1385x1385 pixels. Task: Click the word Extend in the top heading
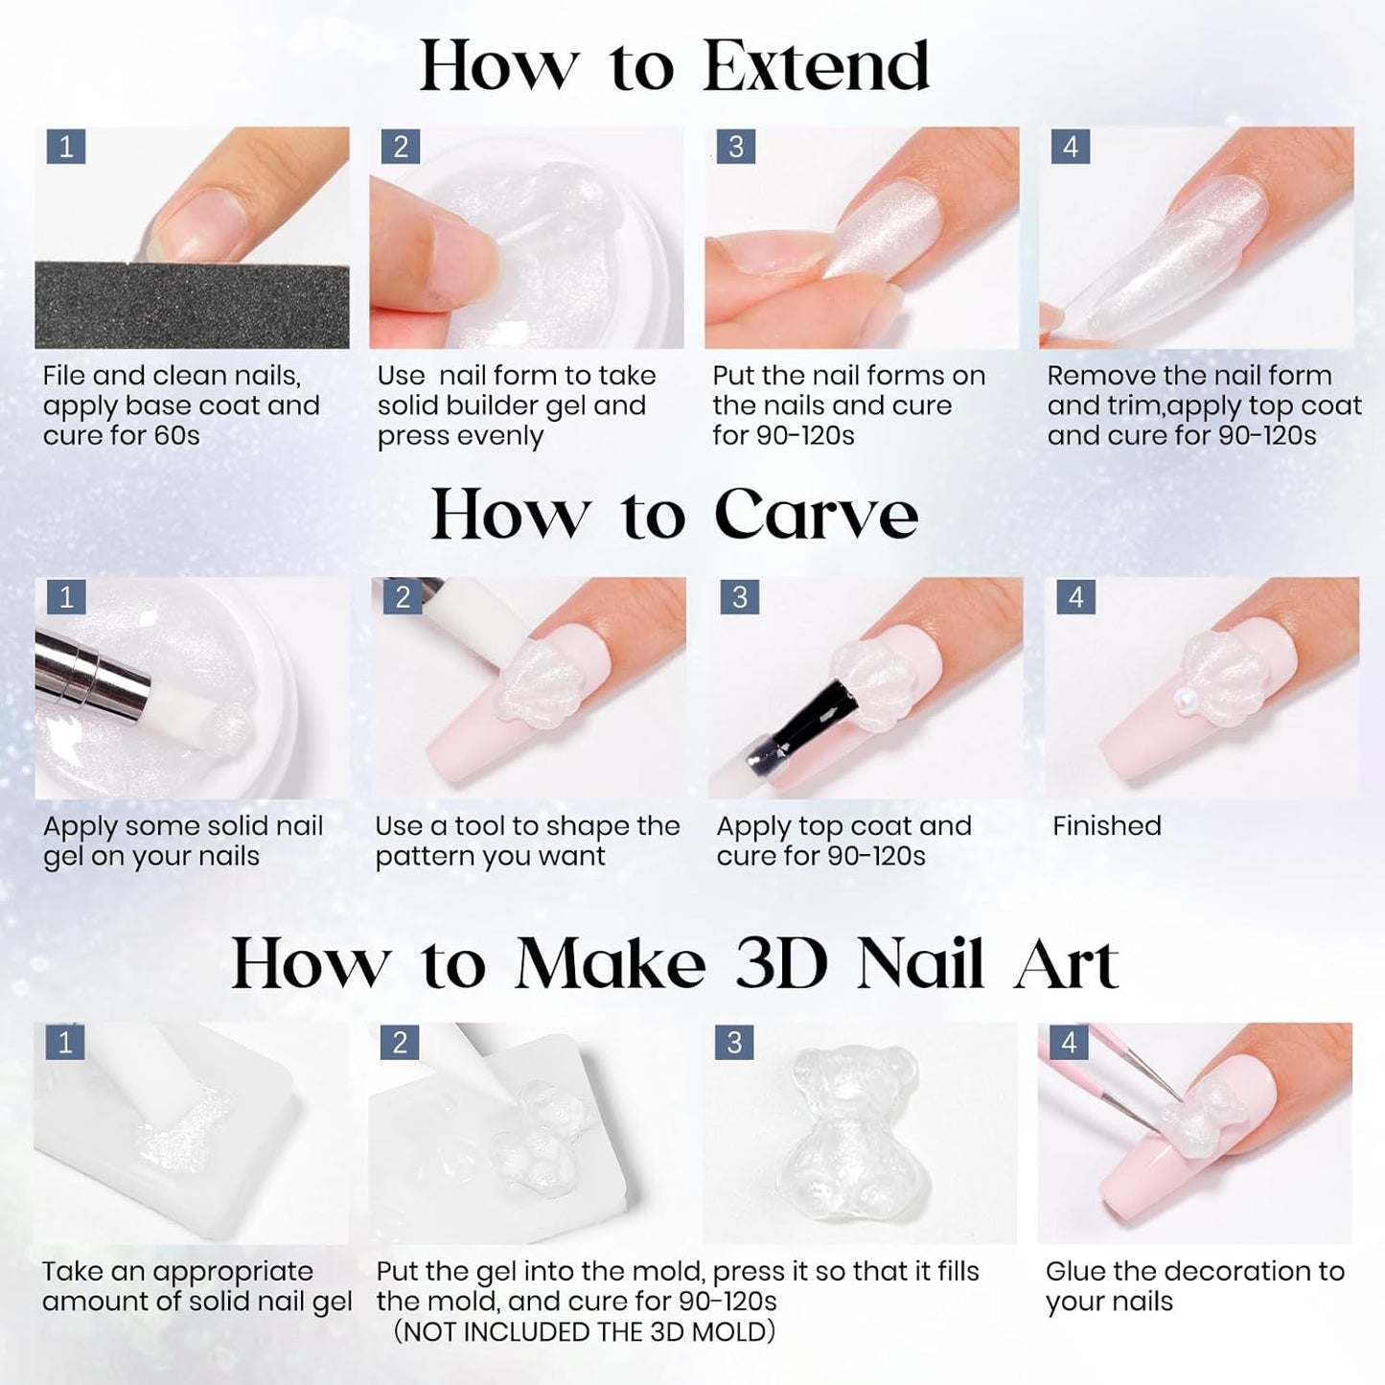coord(817,67)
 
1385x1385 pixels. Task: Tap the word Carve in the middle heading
coord(818,515)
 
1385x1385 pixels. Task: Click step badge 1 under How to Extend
coord(66,147)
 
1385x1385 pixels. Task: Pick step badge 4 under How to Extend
coord(1071,147)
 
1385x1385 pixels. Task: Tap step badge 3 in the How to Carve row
coord(740,597)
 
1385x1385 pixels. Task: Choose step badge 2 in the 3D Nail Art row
coord(401,1042)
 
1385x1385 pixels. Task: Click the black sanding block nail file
coord(192,306)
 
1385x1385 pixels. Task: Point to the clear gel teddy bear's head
coord(853,1082)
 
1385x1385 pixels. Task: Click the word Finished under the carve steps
coord(1107,826)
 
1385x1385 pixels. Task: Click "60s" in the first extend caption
coord(176,435)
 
